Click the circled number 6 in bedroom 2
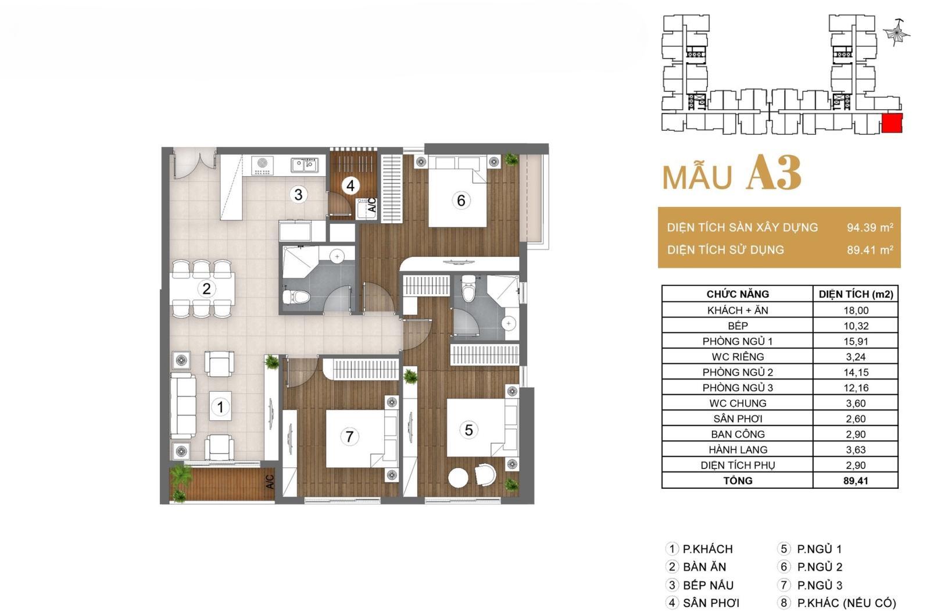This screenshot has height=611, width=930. tap(461, 201)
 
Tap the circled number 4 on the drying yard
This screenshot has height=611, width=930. tap(350, 185)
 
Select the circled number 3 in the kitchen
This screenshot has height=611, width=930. tap(298, 194)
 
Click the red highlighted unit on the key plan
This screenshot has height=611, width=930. tap(892, 123)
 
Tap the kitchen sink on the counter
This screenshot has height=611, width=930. tap(304, 165)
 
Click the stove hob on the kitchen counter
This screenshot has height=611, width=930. tap(262, 165)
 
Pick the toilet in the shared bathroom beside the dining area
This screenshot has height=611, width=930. tap(296, 297)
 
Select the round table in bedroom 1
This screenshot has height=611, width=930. tap(459, 478)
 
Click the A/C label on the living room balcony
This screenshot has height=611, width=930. tap(270, 482)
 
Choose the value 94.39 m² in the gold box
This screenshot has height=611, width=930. tap(870, 227)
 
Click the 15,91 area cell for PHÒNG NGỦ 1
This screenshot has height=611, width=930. tap(856, 341)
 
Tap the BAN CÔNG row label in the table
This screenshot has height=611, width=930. tap(738, 434)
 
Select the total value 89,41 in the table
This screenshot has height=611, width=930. tap(856, 481)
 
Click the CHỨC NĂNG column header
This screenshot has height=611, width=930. tap(738, 294)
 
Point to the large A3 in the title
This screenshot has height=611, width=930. tap(774, 173)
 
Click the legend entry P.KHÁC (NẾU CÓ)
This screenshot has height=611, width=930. tap(846, 603)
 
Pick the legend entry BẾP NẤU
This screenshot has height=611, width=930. tap(708, 585)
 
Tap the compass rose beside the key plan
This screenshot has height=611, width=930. tap(896, 33)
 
